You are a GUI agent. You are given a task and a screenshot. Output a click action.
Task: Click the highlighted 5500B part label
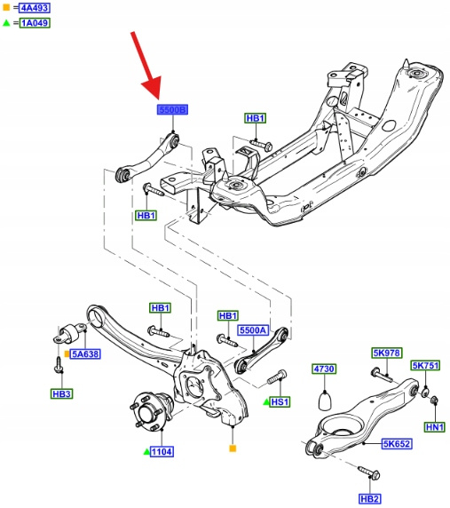[172, 110]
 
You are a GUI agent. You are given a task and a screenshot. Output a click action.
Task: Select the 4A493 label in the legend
[35, 7]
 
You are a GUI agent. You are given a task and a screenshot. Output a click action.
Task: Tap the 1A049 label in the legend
[35, 23]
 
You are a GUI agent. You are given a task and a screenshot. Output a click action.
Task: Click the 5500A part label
[253, 330]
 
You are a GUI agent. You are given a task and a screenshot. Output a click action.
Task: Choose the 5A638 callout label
[85, 353]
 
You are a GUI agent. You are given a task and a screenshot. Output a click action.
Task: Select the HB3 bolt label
[61, 394]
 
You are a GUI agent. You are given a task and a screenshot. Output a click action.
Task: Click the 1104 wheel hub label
[162, 451]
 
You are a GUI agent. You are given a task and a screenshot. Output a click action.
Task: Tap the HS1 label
[280, 402]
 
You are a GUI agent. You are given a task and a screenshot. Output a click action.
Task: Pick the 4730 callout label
[324, 369]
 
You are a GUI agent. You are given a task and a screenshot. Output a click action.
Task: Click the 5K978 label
[387, 353]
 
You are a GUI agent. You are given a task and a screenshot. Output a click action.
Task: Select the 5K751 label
[425, 365]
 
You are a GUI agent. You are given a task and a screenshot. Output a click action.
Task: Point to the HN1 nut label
[435, 427]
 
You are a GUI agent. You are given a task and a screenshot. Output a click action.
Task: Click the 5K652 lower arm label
[397, 443]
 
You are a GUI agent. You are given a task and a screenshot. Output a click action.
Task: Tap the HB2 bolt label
[370, 499]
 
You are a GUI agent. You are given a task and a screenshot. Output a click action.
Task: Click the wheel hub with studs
[152, 412]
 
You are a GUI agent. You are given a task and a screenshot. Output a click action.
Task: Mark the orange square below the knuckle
[233, 448]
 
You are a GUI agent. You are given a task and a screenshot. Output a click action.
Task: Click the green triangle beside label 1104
[146, 451]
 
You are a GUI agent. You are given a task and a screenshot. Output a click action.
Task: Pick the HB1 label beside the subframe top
[255, 118]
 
